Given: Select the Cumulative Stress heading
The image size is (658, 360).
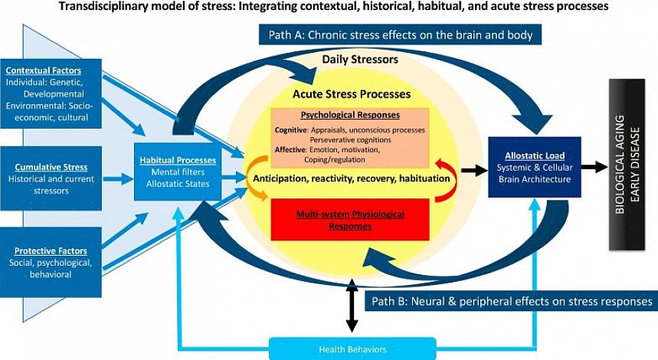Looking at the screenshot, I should point(51,167).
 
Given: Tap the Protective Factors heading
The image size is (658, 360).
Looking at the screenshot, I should point(51,250).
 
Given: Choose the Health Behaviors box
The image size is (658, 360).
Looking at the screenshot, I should point(352,349).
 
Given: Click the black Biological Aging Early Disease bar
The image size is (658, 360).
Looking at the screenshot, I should point(627,164).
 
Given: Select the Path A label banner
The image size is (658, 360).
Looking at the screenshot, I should point(401,34).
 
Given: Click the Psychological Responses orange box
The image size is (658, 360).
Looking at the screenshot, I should point(350,137).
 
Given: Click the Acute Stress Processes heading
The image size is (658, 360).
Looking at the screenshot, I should point(351,94).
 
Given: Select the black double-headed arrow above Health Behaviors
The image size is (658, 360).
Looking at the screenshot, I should point(352,306).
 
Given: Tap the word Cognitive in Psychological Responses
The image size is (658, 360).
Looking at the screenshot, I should point(291,130).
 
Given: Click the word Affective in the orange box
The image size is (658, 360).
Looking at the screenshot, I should point(291,150).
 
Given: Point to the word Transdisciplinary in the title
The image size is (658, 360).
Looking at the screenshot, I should point(106,6).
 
